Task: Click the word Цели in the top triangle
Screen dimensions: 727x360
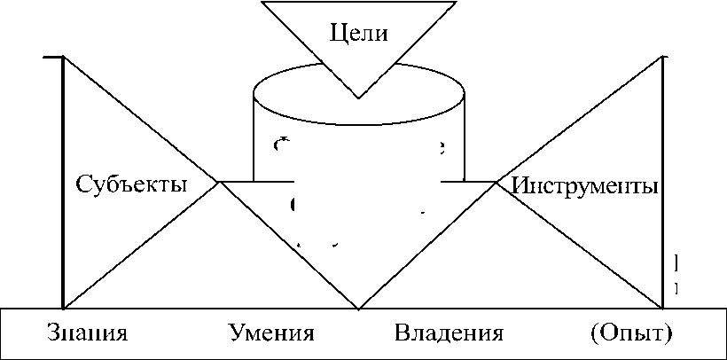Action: pos(360,35)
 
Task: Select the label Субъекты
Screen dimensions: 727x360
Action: pos(131,185)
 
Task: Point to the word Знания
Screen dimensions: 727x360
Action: pos(86,334)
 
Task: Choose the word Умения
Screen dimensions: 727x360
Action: pos(271,334)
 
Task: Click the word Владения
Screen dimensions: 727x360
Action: pos(448,334)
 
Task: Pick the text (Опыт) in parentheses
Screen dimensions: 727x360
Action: pos(630,334)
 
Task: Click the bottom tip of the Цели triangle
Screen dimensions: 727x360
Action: pos(358,98)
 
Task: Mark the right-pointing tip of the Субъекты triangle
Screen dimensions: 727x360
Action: pos(219,183)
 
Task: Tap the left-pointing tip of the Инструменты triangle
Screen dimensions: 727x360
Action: pos(496,183)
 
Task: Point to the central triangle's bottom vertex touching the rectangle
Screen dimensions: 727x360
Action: pos(358,309)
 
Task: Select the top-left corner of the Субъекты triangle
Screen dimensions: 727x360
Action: pos(64,57)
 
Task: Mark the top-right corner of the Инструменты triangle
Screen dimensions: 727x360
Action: pos(663,57)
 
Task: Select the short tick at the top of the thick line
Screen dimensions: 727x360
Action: pos(51,57)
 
